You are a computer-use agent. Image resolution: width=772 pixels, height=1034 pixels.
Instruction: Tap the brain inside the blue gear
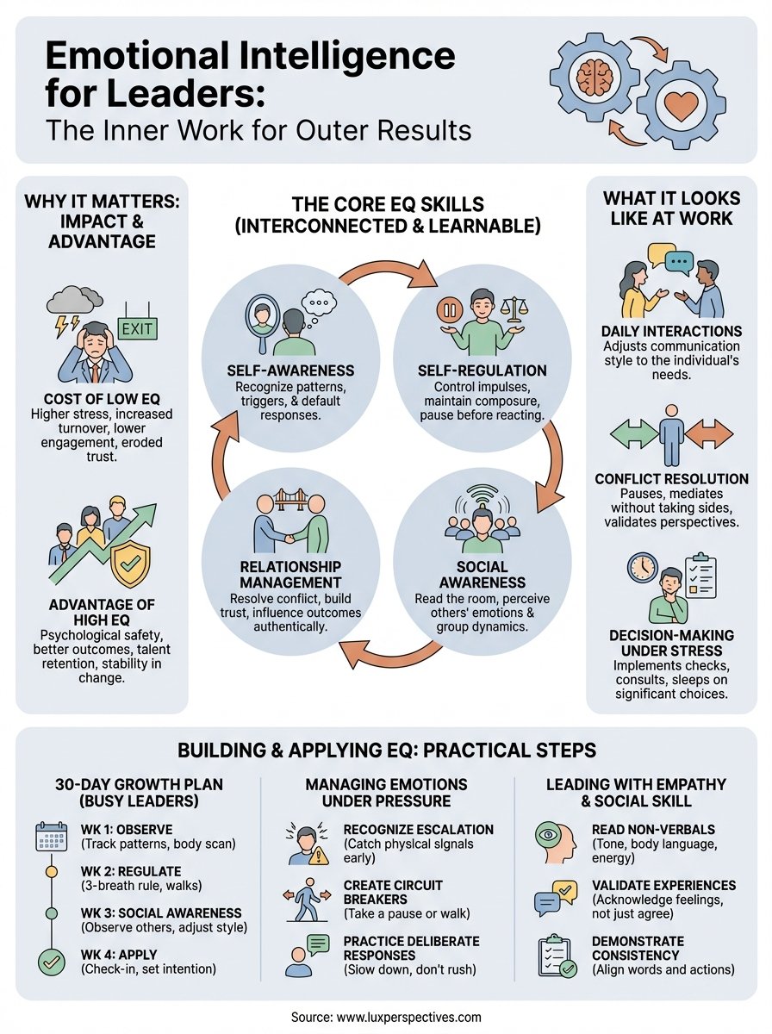(595, 75)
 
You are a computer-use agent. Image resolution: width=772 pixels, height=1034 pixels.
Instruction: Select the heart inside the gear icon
(681, 106)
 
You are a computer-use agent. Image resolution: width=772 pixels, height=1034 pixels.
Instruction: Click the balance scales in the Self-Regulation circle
(517, 309)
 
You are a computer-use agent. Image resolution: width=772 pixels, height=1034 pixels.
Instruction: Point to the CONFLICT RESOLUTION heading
(671, 479)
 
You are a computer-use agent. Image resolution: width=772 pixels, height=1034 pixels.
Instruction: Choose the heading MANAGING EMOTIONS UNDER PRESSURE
(387, 794)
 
